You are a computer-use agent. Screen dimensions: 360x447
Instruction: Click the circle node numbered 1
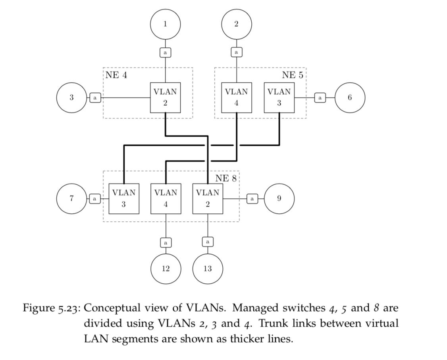point(165,24)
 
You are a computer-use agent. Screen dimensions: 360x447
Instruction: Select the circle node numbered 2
point(236,24)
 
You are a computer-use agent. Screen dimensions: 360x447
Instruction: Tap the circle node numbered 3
point(71,97)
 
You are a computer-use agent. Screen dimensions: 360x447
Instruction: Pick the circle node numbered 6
point(350,97)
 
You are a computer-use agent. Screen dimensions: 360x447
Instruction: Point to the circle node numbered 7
point(71,198)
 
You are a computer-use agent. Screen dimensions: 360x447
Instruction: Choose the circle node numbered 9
point(279,198)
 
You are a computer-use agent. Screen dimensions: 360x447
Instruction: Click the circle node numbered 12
point(166,269)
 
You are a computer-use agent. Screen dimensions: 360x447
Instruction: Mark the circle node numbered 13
point(207,269)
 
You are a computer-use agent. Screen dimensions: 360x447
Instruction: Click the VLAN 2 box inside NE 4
point(165,97)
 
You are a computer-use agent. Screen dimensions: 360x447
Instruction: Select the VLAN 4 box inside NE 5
point(236,97)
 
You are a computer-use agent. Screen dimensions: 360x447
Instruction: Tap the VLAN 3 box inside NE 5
point(279,97)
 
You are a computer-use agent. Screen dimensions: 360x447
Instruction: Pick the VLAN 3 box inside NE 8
point(124,198)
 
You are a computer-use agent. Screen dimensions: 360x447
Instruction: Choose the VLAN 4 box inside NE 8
point(166,198)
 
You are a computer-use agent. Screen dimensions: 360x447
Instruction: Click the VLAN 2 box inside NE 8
point(207,198)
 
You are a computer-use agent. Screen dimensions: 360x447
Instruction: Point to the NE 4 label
point(116,75)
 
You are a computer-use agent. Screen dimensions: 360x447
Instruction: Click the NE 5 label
point(293,75)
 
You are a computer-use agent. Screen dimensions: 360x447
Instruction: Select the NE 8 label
point(226,178)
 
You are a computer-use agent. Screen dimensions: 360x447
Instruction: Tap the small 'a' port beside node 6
point(320,97)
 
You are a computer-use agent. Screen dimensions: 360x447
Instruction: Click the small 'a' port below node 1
point(165,52)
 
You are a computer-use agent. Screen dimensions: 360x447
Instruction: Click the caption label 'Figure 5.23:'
point(52,308)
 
